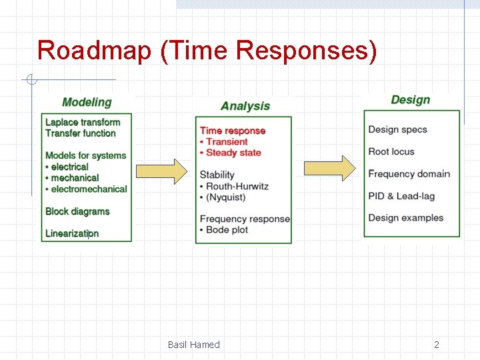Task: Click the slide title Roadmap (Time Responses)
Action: point(207,51)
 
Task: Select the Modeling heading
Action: point(87,102)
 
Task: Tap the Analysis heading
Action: point(245,106)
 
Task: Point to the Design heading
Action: point(410,99)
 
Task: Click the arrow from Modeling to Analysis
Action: point(163,171)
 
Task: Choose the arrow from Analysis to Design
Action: point(330,168)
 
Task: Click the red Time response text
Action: point(233,131)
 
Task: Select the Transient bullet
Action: point(226,141)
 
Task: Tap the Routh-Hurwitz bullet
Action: point(237,186)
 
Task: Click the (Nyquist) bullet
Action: point(225,197)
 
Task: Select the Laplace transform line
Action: point(83,122)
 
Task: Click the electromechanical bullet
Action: point(89,189)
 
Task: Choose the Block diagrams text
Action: point(77,211)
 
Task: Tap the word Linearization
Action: point(72,233)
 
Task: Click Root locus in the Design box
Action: point(391,151)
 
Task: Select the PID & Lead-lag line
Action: point(405,196)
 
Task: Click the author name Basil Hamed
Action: point(193,345)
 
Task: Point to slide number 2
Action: point(437,345)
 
